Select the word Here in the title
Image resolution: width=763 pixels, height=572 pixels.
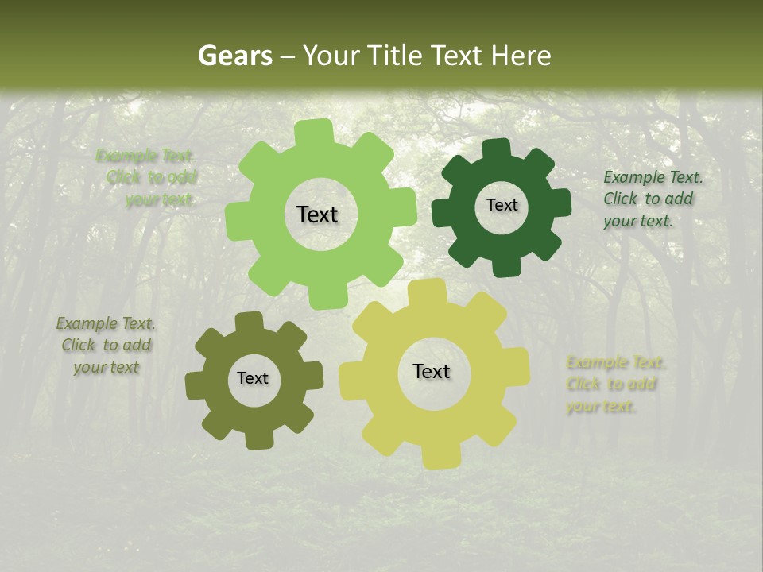(521, 56)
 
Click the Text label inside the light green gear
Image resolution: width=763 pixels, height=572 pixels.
(317, 214)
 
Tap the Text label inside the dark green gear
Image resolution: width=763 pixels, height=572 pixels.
(502, 205)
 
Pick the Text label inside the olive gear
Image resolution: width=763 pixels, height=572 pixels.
(253, 379)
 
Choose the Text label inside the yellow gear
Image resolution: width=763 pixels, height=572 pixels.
(432, 371)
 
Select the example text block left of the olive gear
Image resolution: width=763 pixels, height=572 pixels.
(106, 346)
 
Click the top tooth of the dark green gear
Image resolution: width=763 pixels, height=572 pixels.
(497, 149)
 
